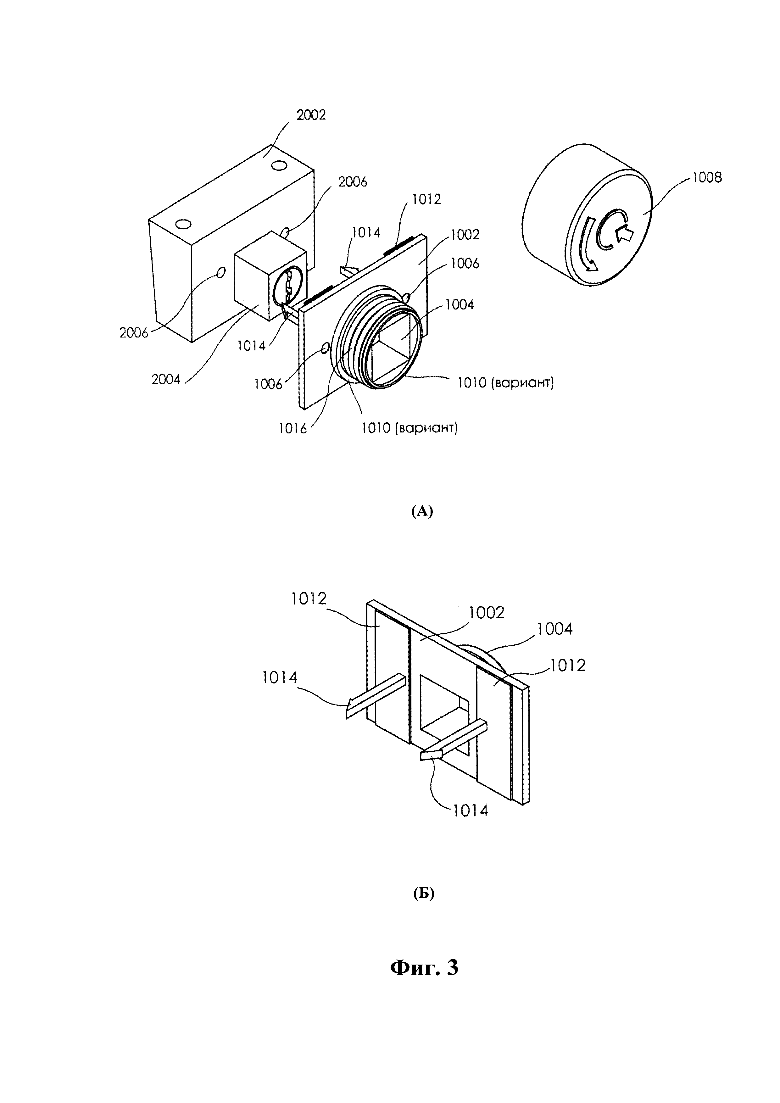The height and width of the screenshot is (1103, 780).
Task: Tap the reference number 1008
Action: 707,177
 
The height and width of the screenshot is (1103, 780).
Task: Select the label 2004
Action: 166,380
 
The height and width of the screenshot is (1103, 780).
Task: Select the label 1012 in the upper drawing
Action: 426,199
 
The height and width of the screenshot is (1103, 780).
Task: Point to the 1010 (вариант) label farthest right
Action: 505,383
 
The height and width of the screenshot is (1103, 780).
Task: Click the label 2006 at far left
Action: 134,332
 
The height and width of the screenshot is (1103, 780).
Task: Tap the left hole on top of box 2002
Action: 183,224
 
